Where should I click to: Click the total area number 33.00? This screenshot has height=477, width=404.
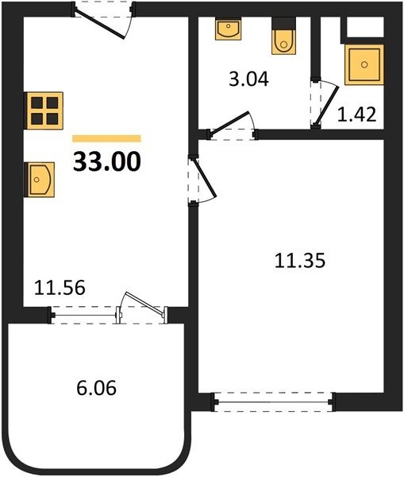click(107, 161)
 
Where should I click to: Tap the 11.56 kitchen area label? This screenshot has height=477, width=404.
click(60, 288)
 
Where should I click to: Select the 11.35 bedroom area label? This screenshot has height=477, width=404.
click(300, 261)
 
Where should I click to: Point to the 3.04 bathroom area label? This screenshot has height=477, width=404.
click(248, 79)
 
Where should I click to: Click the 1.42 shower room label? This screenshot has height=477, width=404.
click(357, 114)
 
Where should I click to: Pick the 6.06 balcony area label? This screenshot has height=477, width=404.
click(97, 388)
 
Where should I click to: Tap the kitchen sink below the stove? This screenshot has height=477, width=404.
click(40, 180)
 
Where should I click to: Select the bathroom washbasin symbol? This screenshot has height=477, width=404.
click(228, 29)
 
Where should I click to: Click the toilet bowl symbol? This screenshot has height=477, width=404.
click(283, 42)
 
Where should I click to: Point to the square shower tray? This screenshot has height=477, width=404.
click(364, 64)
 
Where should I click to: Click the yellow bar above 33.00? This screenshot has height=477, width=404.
click(106, 138)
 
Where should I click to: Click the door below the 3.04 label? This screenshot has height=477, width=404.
click(230, 122)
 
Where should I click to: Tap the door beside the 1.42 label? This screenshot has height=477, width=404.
click(328, 104)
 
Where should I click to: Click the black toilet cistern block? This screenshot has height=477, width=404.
click(283, 23)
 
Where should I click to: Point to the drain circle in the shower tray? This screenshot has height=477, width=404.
click(364, 65)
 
